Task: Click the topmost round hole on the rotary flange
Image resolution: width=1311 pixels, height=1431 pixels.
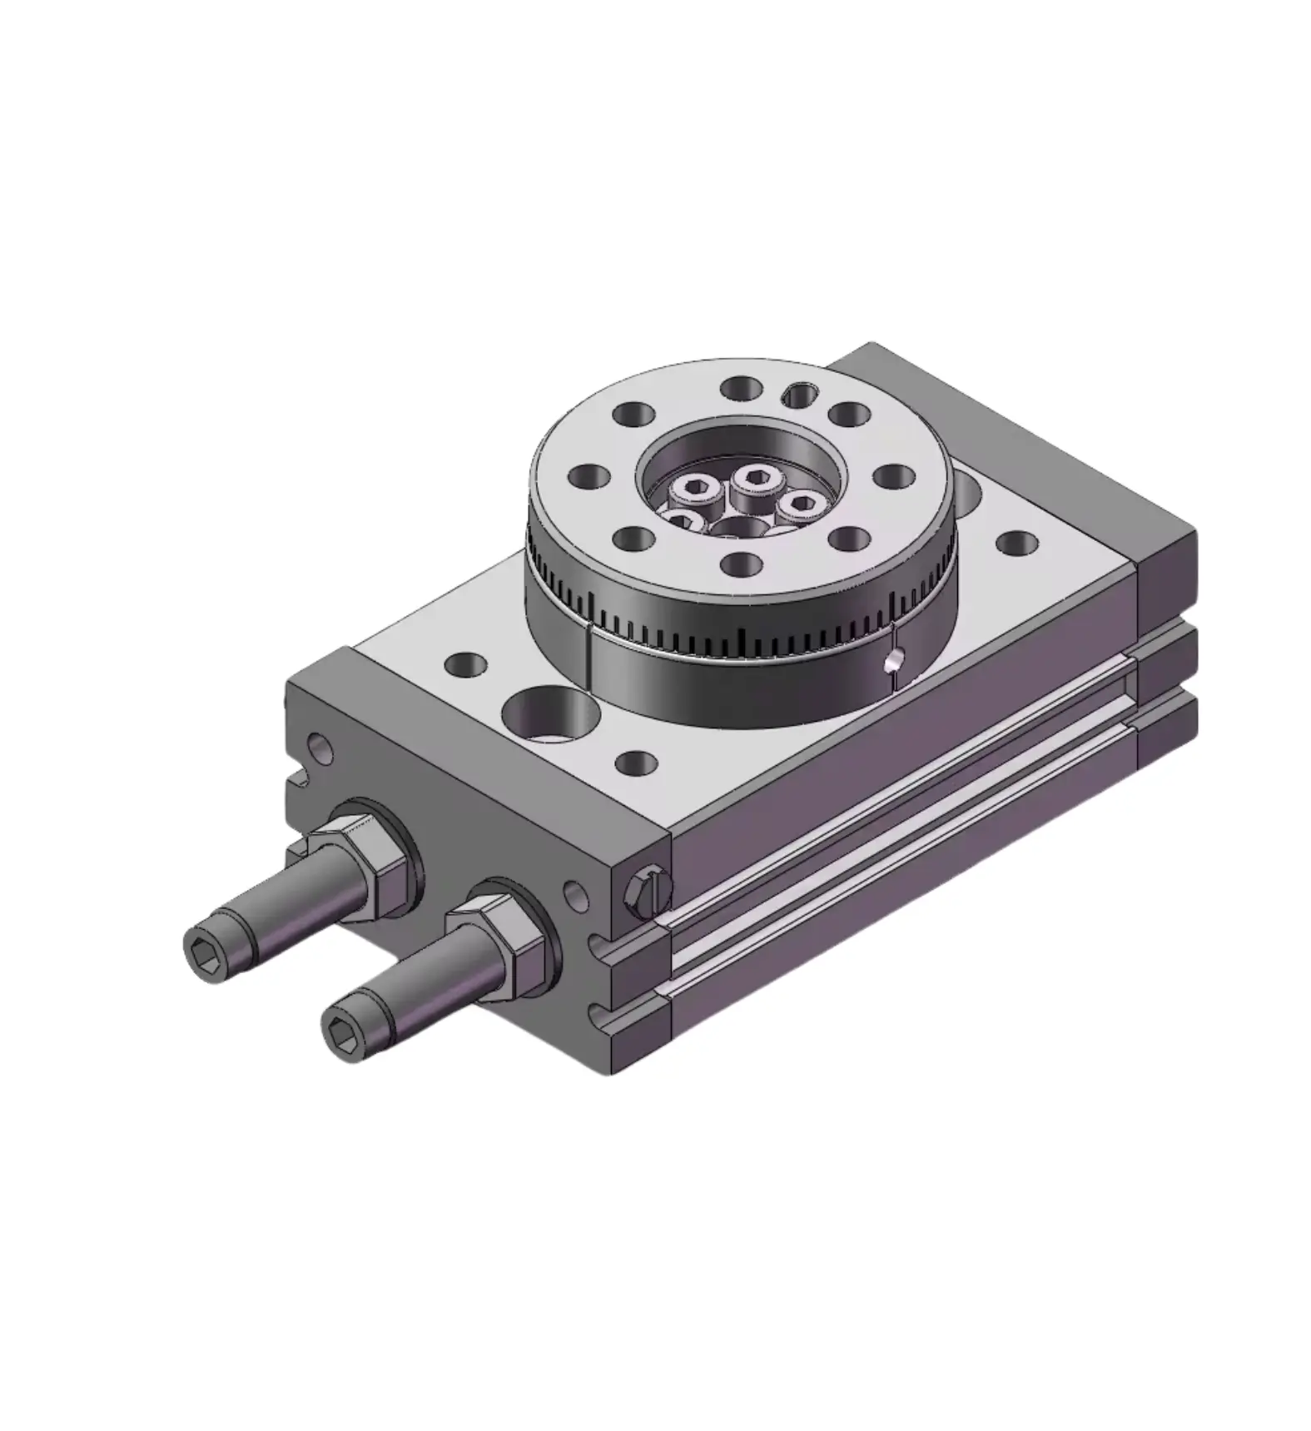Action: point(741,388)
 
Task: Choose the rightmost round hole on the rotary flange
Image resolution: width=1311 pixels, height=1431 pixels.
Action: point(892,475)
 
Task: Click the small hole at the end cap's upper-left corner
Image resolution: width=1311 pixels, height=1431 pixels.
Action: point(320,749)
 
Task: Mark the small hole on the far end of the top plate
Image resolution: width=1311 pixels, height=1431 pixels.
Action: point(1016,545)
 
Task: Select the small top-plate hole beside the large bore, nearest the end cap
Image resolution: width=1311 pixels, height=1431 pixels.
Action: point(466,665)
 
